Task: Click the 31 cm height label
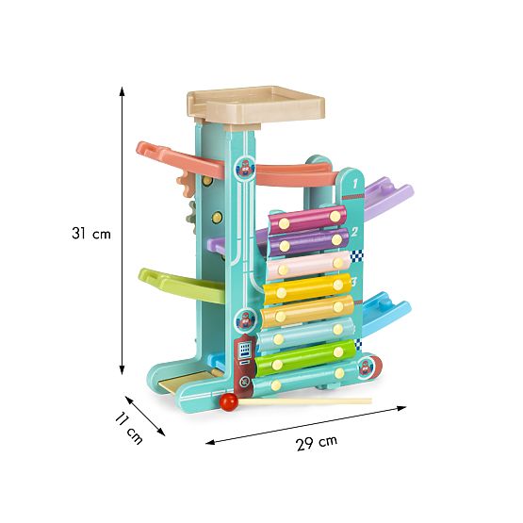click(91, 234)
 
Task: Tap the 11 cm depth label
click(129, 428)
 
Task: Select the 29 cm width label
click(317, 443)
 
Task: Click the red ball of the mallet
click(228, 401)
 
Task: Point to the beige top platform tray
click(256, 106)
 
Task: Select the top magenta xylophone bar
click(307, 220)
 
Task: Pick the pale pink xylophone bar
click(308, 266)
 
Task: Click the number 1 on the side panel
click(354, 183)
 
